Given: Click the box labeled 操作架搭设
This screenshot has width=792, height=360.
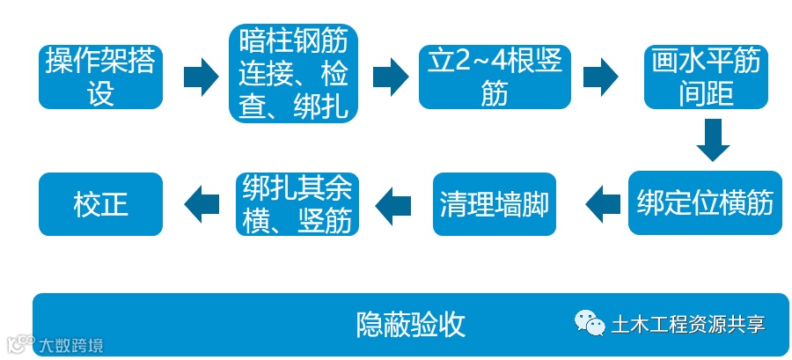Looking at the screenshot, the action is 101,77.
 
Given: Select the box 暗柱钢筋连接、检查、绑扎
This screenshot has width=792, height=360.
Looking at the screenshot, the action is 293,75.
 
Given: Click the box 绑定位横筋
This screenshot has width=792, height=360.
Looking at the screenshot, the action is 706,203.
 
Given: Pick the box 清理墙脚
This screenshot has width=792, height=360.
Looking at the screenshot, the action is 495,204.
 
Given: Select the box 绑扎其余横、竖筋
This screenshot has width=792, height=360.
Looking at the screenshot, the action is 297,204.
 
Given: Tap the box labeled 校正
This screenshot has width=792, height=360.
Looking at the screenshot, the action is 101,204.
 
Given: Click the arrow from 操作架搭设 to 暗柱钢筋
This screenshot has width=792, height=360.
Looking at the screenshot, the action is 200,77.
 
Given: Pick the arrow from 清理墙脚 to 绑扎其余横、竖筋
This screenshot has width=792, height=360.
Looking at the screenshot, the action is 393,204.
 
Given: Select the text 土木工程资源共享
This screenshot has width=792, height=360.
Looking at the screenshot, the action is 688,324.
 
